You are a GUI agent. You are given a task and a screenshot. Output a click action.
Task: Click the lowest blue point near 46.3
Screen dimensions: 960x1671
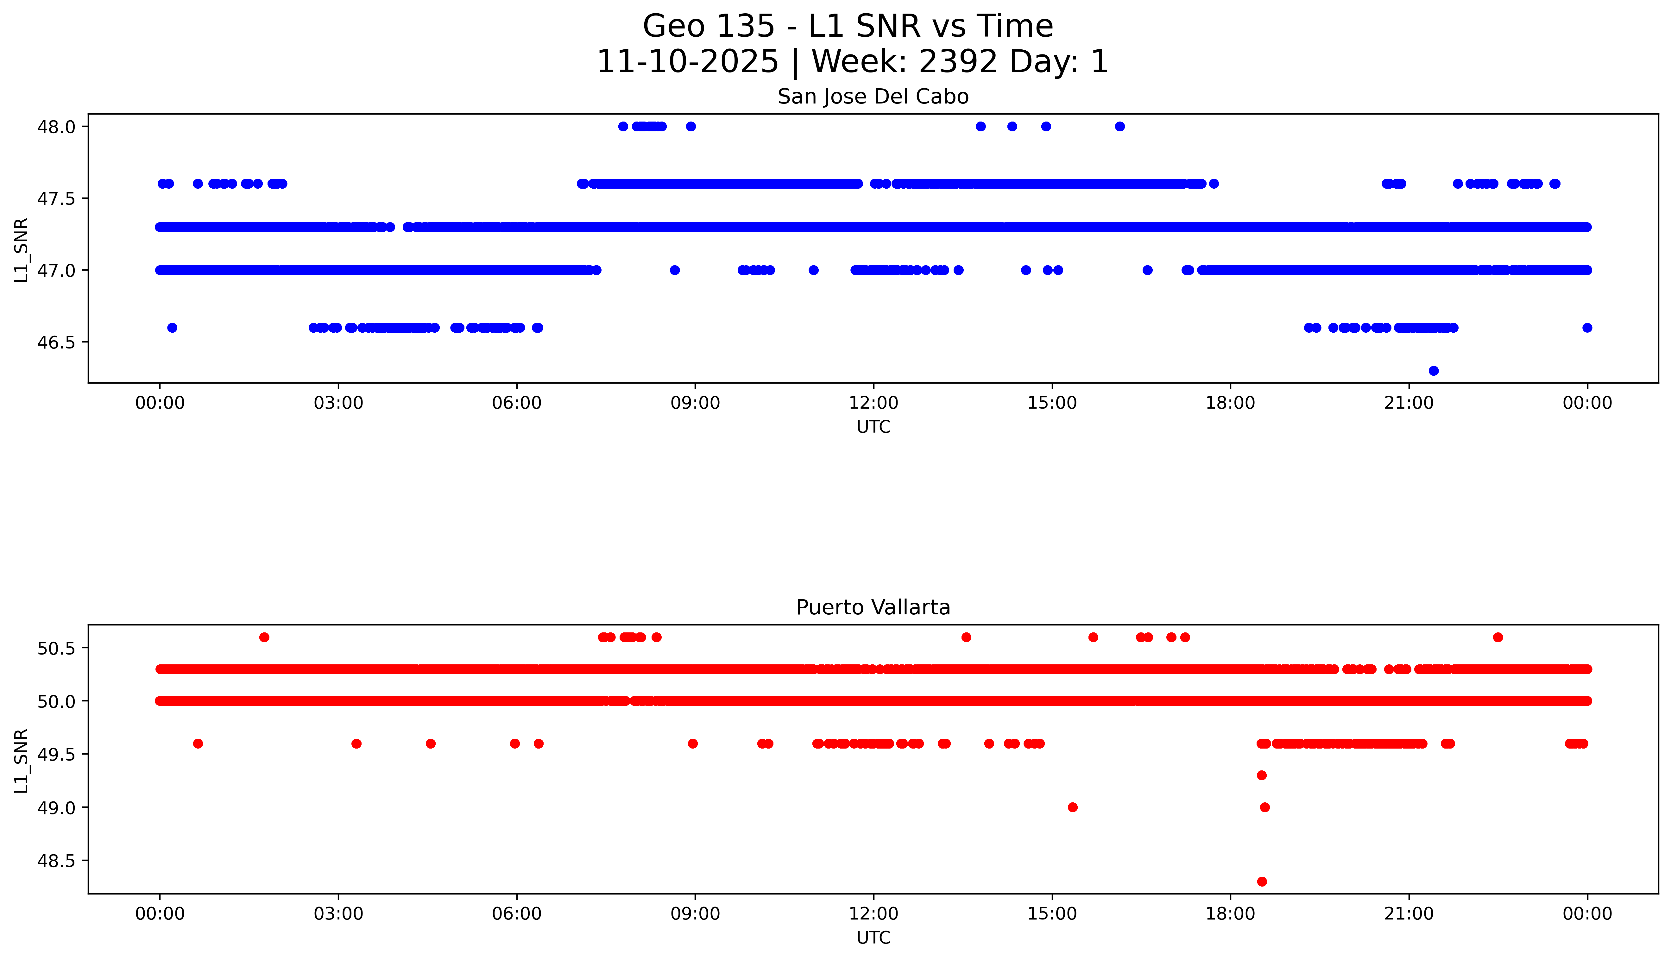[1433, 371]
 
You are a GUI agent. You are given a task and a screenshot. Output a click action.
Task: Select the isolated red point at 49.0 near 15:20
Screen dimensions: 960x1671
[1072, 807]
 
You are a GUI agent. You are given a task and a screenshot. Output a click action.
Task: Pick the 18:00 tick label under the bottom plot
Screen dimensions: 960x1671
[1231, 914]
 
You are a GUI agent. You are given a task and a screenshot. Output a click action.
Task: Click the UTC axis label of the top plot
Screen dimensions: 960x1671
[873, 427]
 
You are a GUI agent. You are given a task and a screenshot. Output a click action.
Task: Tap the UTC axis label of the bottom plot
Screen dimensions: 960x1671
[873, 938]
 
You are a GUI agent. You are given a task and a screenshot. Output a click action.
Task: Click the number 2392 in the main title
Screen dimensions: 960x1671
[958, 62]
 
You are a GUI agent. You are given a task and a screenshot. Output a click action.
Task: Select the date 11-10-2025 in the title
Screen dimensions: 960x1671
[687, 62]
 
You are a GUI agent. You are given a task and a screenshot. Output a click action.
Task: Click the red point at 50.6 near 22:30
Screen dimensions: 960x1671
[1498, 637]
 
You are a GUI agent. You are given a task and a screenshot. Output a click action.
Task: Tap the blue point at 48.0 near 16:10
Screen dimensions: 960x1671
[1120, 127]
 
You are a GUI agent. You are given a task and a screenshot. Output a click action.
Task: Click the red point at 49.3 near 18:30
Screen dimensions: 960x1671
[1262, 775]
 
